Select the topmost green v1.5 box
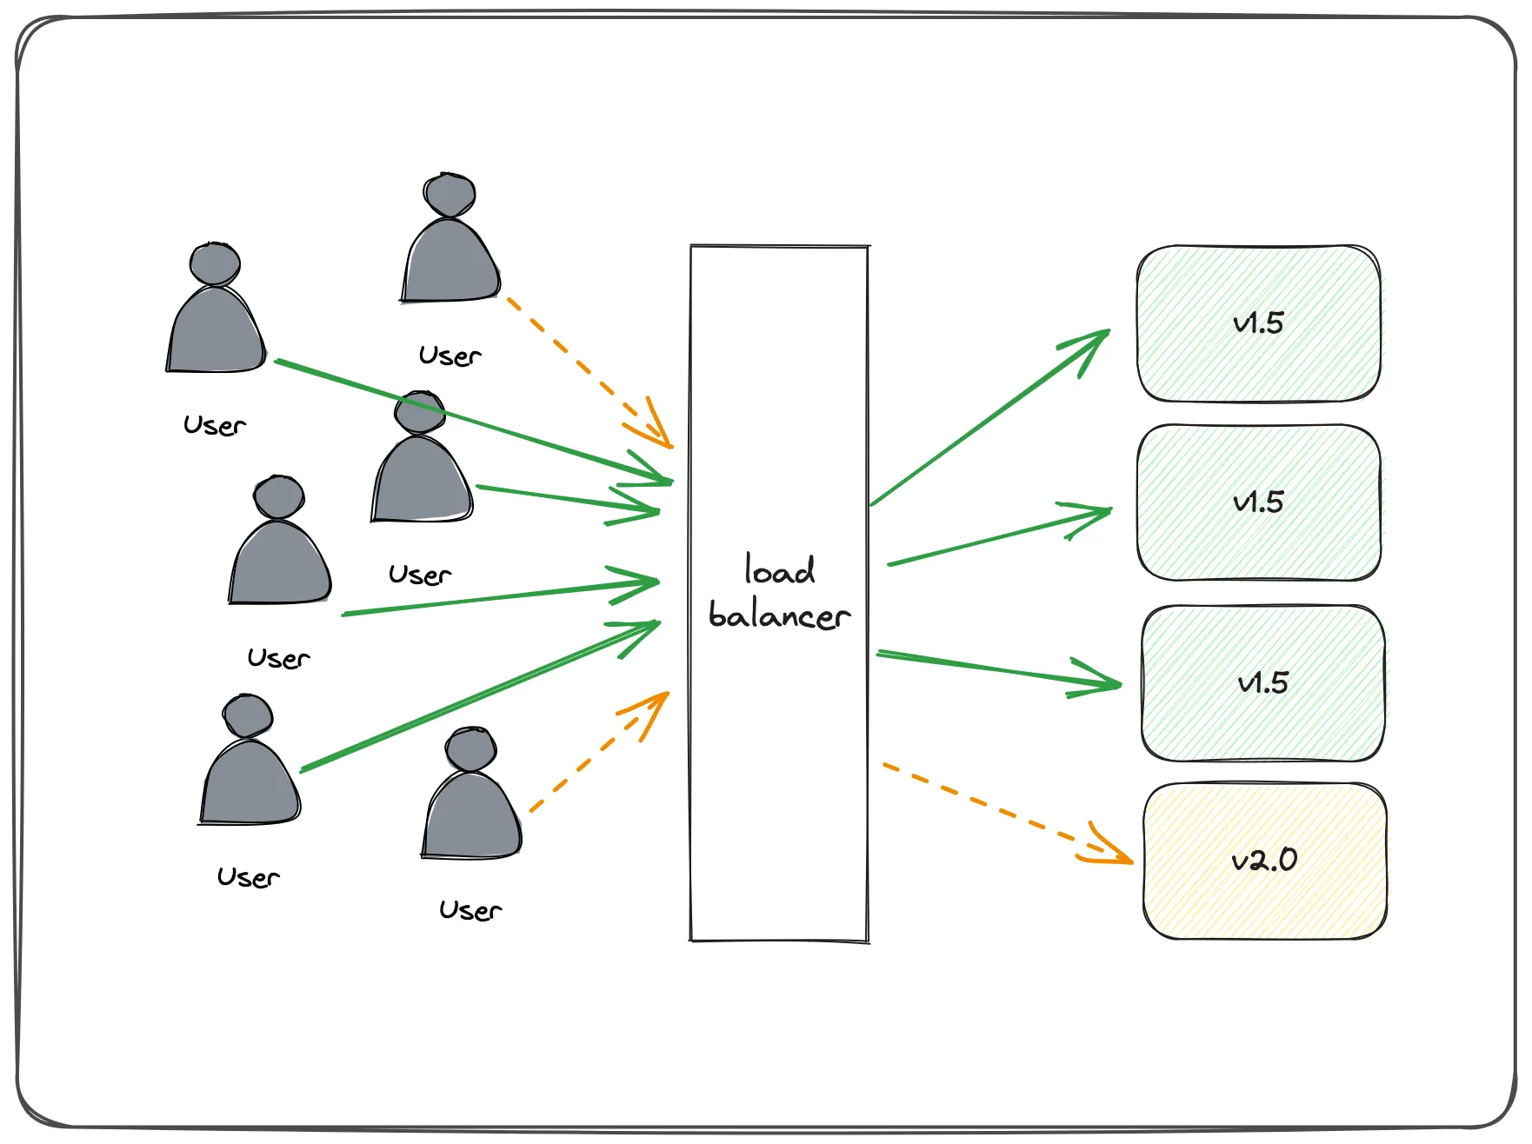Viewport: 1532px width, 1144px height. [x=1258, y=365]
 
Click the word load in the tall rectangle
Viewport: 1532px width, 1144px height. [x=780, y=570]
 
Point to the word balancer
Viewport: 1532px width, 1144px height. [x=779, y=615]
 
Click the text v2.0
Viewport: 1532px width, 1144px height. [x=1264, y=861]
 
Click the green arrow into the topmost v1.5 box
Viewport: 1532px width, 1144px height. [x=989, y=418]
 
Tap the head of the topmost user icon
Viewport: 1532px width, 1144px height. [x=450, y=195]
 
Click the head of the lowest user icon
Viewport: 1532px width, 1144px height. [x=470, y=749]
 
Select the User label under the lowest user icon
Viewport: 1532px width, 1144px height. [x=470, y=910]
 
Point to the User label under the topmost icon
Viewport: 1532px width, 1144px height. [x=450, y=356]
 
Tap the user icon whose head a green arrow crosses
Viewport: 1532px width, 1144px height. [x=422, y=474]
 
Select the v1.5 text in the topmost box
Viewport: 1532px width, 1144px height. [x=1258, y=323]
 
